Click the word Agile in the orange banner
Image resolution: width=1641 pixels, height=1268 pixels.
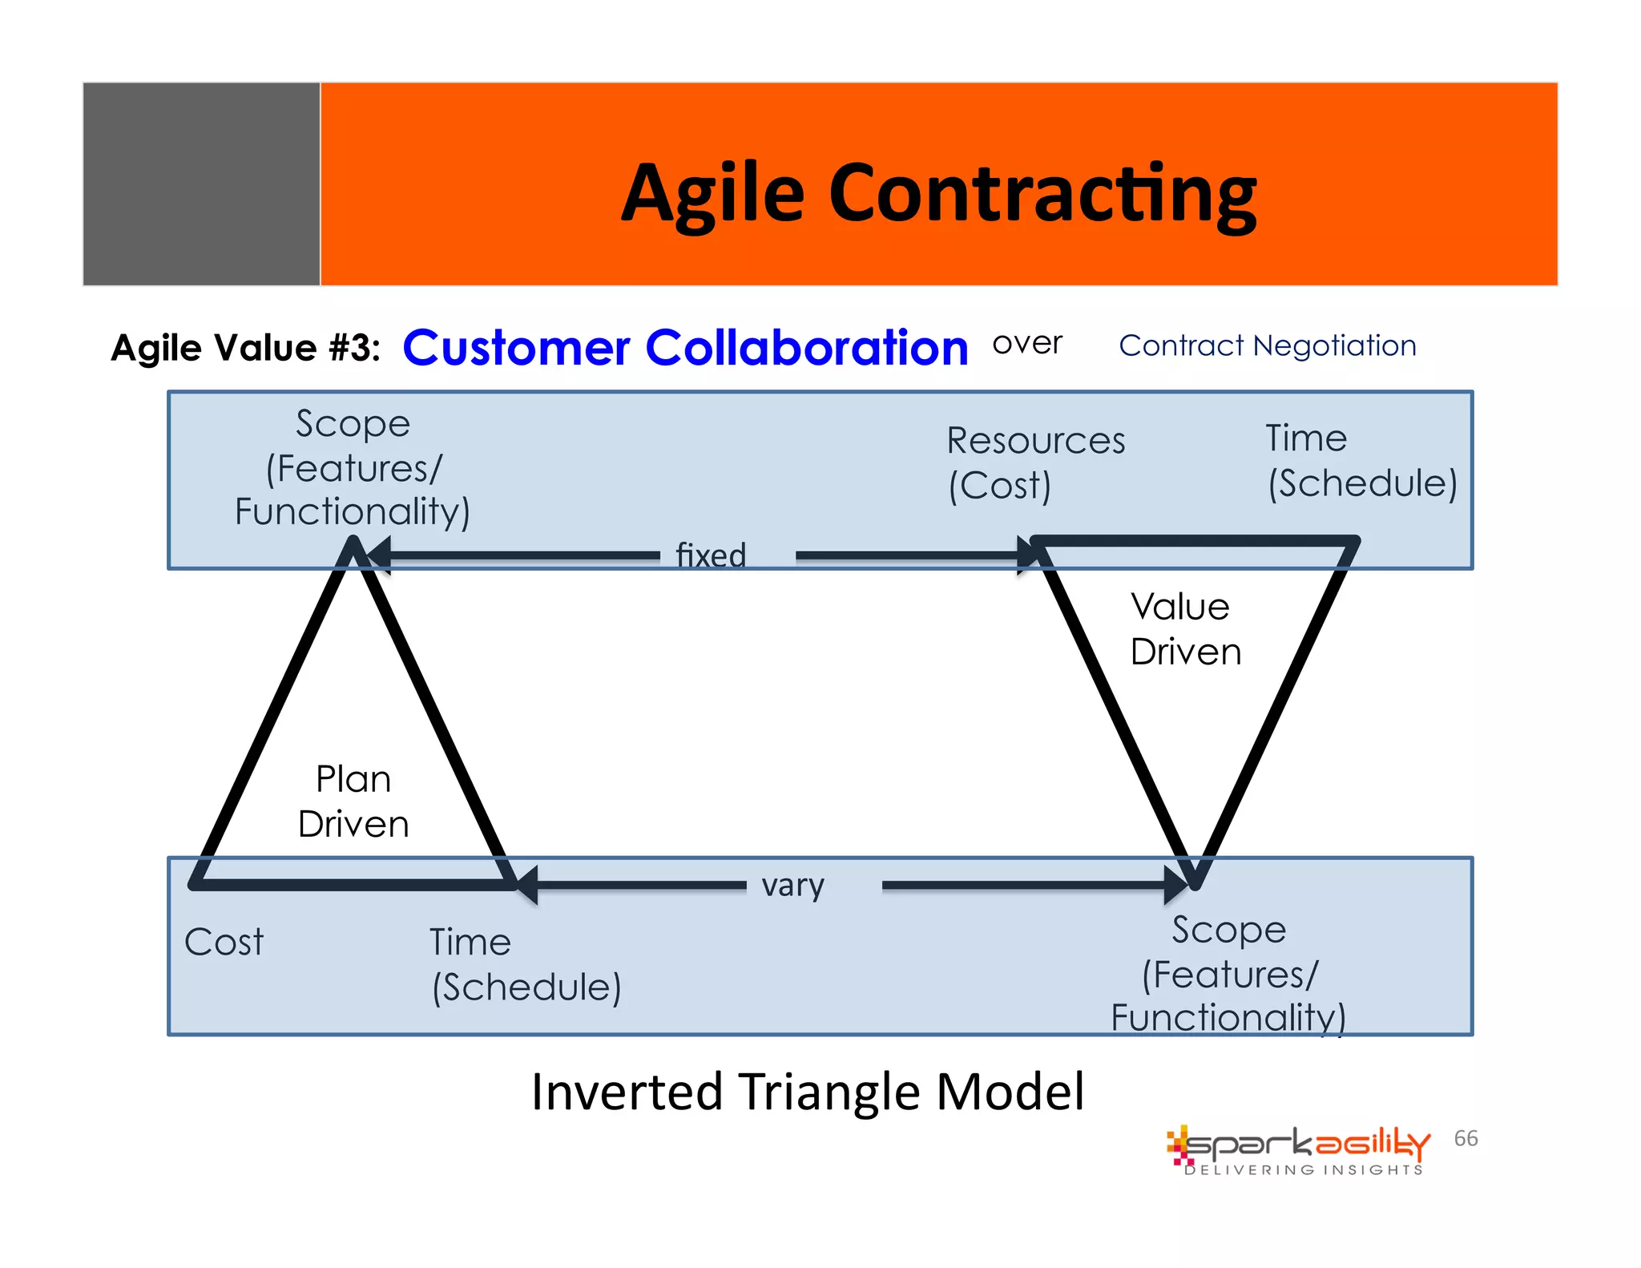[x=712, y=195]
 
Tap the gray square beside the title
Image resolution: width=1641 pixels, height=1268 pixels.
[x=201, y=184]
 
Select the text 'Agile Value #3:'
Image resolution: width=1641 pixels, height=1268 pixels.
[x=245, y=348]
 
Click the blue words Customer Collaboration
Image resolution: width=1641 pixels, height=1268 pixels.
[x=685, y=348]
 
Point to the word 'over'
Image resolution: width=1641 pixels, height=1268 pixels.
[x=1026, y=344]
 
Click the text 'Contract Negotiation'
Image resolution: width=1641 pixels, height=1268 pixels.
[x=1267, y=345]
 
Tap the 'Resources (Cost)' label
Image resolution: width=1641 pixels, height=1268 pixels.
[x=1034, y=462]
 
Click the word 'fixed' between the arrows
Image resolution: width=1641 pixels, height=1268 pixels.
[x=711, y=555]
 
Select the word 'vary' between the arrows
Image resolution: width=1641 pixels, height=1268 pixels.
[x=792, y=886]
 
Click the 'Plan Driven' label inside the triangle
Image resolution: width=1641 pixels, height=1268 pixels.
[x=353, y=801]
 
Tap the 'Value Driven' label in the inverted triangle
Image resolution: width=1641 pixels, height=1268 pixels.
[x=1184, y=629]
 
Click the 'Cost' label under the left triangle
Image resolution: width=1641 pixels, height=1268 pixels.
[x=224, y=942]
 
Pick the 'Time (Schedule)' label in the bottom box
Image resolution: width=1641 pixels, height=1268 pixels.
[x=525, y=964]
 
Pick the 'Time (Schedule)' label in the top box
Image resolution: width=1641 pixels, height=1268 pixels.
[x=1361, y=461]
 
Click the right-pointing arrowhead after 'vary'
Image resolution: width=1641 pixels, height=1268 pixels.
[x=1176, y=885]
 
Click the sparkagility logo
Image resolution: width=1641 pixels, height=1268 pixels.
[x=1298, y=1149]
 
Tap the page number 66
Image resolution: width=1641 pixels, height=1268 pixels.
[x=1466, y=1138]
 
